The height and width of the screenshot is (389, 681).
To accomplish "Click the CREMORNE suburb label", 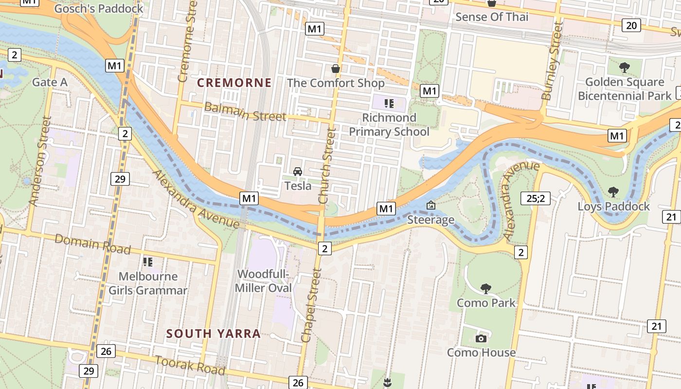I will pyautogui.click(x=234, y=83).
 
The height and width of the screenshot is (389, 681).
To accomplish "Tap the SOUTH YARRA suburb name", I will pyautogui.click(x=214, y=334).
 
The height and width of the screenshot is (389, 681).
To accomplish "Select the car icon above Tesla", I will pyautogui.click(x=298, y=172).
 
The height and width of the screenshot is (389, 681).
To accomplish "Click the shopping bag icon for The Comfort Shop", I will pyautogui.click(x=335, y=69).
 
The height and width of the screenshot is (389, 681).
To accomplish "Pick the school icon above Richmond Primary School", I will pyautogui.click(x=389, y=103).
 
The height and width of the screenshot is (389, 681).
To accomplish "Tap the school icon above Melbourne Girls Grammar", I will pyautogui.click(x=148, y=262).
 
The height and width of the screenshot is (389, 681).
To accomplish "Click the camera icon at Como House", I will pyautogui.click(x=481, y=338).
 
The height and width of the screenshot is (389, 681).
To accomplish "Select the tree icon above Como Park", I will pyautogui.click(x=485, y=288).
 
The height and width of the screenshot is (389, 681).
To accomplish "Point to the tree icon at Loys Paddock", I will pyautogui.click(x=613, y=192).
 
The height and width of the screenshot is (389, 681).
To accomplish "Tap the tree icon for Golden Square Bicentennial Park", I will pyautogui.click(x=625, y=67).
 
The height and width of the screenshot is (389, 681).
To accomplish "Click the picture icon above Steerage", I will pyautogui.click(x=430, y=206).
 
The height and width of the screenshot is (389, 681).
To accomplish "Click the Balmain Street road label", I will pyautogui.click(x=245, y=111).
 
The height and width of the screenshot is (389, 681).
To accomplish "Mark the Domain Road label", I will pyautogui.click(x=92, y=244).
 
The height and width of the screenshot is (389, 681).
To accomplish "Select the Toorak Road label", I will pyautogui.click(x=190, y=365).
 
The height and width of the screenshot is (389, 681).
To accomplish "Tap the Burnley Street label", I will pyautogui.click(x=552, y=61).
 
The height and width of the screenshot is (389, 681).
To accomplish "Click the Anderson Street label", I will pyautogui.click(x=40, y=161).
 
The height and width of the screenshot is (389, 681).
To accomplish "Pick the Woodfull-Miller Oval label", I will pyautogui.click(x=263, y=281).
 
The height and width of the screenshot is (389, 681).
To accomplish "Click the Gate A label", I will pyautogui.click(x=50, y=82).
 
